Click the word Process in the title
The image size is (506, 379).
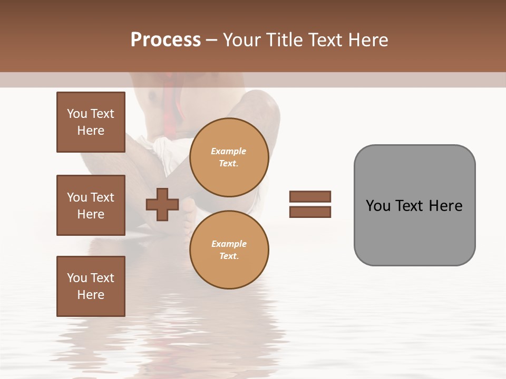pos(166,40)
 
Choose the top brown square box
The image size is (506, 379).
pos(91,122)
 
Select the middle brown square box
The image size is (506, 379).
pos(91,205)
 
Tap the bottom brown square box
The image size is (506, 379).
pos(91,286)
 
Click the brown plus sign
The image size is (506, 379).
pos(162,205)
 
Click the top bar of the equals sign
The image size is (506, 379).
pos(310,196)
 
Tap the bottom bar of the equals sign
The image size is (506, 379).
pos(310,212)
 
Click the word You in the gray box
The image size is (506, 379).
pos(378,206)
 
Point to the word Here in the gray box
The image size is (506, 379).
pos(445,206)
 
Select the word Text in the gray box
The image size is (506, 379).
pos(411,206)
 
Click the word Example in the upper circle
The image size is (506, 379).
pos(229,151)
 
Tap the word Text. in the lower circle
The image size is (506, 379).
pos(229,256)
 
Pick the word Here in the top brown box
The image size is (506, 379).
pos(91,131)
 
